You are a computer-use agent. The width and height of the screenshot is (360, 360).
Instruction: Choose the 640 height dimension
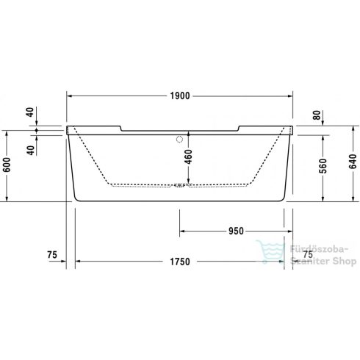(x=351, y=162)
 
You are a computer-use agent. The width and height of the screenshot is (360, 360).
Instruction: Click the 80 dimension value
(x=316, y=115)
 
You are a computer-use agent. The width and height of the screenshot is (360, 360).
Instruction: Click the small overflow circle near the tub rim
(x=180, y=138)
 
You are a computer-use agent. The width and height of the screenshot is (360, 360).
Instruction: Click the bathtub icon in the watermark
(x=264, y=251)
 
